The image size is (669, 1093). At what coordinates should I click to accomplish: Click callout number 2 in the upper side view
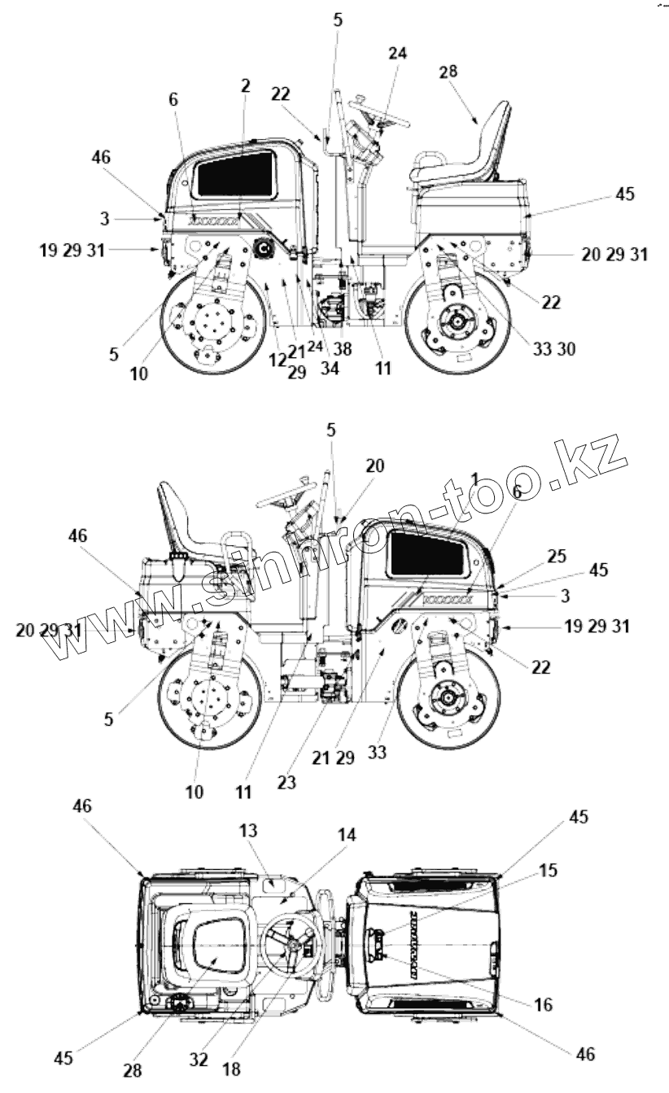[245, 85]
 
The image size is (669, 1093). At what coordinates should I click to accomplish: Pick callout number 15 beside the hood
[549, 870]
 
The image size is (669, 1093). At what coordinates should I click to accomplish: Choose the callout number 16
[543, 1004]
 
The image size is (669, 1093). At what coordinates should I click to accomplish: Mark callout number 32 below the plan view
[199, 1059]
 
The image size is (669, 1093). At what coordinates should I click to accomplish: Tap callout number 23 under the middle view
[286, 781]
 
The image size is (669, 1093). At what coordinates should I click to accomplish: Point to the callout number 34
[330, 368]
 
